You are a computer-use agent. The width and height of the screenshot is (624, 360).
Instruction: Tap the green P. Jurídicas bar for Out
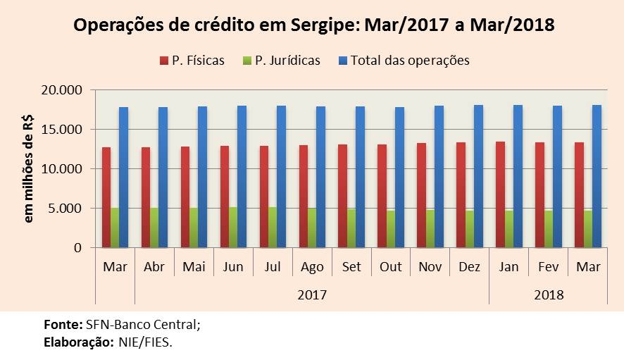click(392, 229)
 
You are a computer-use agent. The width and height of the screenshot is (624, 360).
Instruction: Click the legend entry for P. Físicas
click(192, 61)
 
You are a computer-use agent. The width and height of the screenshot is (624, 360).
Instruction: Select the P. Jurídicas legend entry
click(280, 61)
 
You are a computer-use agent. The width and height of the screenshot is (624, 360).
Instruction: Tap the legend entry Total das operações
click(404, 61)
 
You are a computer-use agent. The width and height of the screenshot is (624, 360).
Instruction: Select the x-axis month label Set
click(351, 268)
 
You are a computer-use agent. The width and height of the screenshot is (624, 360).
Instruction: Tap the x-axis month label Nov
click(430, 268)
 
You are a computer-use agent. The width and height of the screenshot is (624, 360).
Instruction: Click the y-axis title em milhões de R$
click(29, 169)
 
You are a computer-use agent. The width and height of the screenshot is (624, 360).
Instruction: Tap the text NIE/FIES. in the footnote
click(146, 342)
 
